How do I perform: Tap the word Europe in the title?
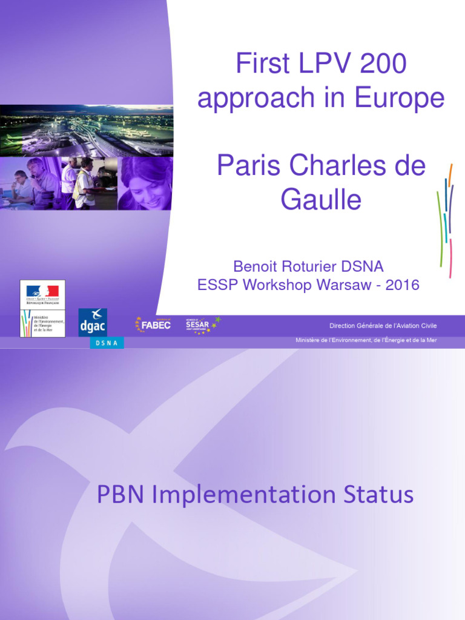point(403,98)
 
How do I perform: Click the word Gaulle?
point(320,200)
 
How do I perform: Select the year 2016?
point(402,285)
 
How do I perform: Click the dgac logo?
point(93,322)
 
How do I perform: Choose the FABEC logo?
point(153,325)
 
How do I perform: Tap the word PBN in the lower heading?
point(120,495)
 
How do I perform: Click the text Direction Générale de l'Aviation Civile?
point(383,326)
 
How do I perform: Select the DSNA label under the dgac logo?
point(107,343)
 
